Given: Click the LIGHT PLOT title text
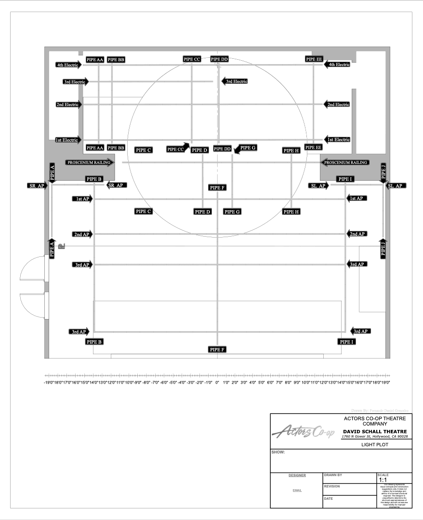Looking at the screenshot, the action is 374,445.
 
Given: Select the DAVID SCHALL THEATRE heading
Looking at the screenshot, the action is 374,431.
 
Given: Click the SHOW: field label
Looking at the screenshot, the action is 278,453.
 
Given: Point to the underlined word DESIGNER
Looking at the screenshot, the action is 297,475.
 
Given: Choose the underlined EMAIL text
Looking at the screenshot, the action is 297,491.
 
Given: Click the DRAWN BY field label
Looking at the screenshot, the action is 333,475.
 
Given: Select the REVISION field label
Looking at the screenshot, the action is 332,487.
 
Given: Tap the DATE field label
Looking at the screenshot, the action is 329,498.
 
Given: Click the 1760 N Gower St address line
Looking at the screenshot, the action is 374,437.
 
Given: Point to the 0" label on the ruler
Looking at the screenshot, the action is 217,382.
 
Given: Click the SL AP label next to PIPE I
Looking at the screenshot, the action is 319,186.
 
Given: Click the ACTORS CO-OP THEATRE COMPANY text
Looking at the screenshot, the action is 374,420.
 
